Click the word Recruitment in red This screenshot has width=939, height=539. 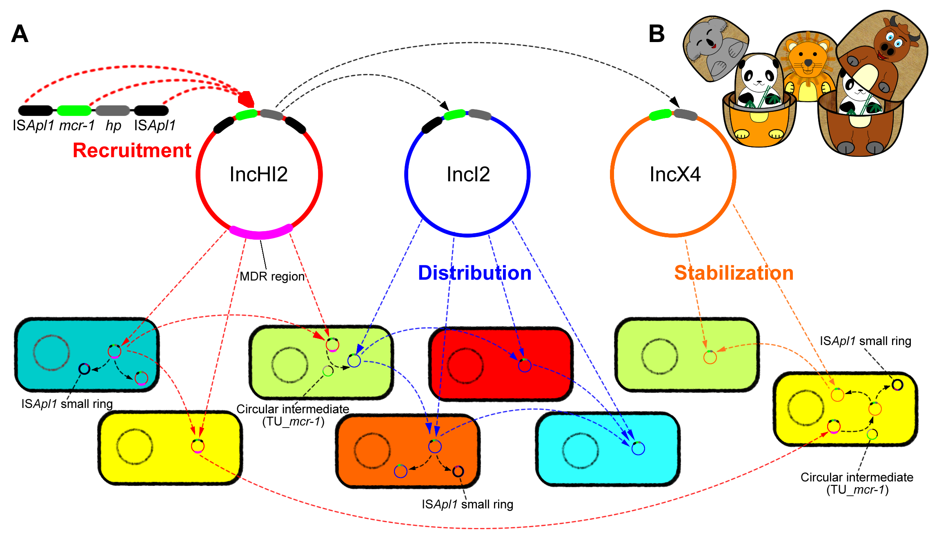coord(132,150)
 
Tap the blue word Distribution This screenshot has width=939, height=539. coord(474,273)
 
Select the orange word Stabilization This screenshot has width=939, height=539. coord(734,273)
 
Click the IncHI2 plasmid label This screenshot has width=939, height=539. coord(258,174)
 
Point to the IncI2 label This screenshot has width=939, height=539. coord(468,174)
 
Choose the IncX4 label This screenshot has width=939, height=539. coord(675,174)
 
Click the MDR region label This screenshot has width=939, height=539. coord(272,276)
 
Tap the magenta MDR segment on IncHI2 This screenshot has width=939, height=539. coord(260,232)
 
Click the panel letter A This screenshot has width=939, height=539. coord(20,33)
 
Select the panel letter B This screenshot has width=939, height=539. coord(656,33)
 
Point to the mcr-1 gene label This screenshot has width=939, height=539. coord(77,125)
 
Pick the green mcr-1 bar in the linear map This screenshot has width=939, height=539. coord(74,110)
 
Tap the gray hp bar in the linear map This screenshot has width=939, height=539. coord(113,110)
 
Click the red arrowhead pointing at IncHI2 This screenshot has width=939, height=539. coord(247,99)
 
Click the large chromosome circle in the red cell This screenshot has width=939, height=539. coord(465,366)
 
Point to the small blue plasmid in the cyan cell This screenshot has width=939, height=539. coord(638,448)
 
